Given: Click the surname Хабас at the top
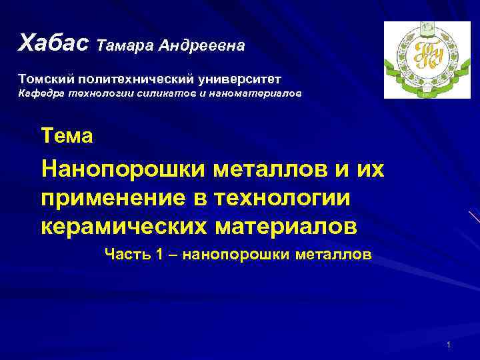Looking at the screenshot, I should click(x=54, y=43).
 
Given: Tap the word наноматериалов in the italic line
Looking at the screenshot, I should click(x=256, y=94).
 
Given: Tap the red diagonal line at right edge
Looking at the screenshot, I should click(x=473, y=217).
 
